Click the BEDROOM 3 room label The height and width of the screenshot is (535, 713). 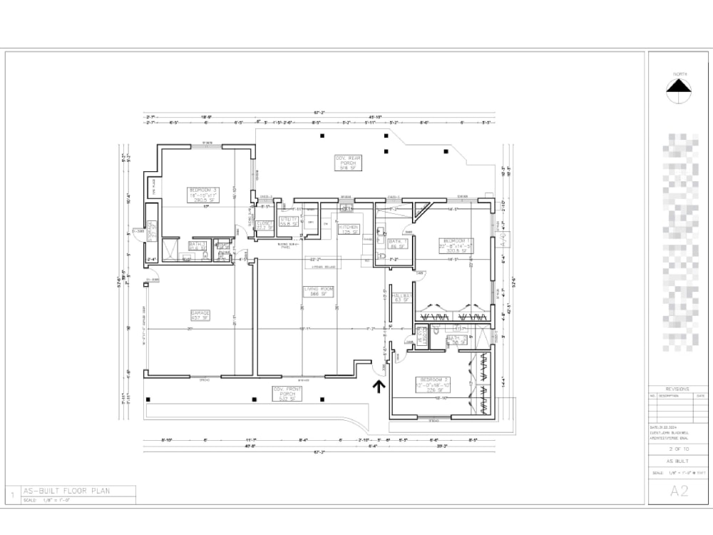(x=202, y=195)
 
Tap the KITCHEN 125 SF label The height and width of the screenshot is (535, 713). (x=349, y=229)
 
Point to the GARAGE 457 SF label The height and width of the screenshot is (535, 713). (x=200, y=314)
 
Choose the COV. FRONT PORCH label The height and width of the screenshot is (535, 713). (x=287, y=392)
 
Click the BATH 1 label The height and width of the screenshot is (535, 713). (x=398, y=244)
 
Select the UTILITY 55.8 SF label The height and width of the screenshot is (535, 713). (x=289, y=223)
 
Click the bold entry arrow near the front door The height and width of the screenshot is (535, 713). (x=379, y=386)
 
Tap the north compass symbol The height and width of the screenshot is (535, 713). (x=679, y=86)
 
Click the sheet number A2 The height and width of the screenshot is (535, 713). (x=679, y=491)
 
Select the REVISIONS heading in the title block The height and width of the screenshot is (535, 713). (x=677, y=389)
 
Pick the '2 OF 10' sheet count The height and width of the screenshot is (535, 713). (x=678, y=449)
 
